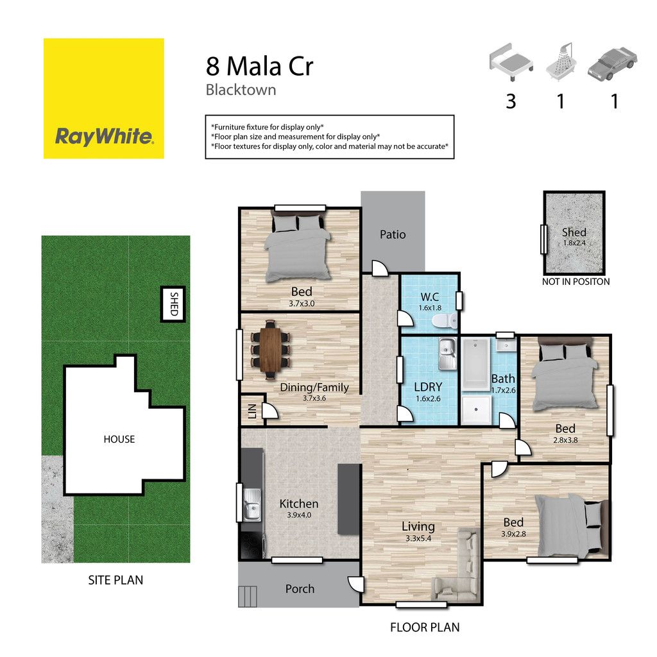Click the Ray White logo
pos(103,98)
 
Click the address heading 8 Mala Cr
pos(259,66)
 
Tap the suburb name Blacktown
pos(241,90)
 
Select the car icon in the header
pos(612,64)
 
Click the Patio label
pos(393,234)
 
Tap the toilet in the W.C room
pos(445,321)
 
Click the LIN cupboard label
pos(252,411)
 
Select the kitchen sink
pos(252,504)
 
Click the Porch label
pos(300,589)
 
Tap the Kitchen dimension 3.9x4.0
pos(299,515)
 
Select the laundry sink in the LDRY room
pos(447,354)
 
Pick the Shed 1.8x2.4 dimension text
pos(574,243)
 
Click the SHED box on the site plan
pos(173,304)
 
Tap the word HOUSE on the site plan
pos(119,439)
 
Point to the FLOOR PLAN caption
pos(425,627)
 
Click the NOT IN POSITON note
pos(576,282)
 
